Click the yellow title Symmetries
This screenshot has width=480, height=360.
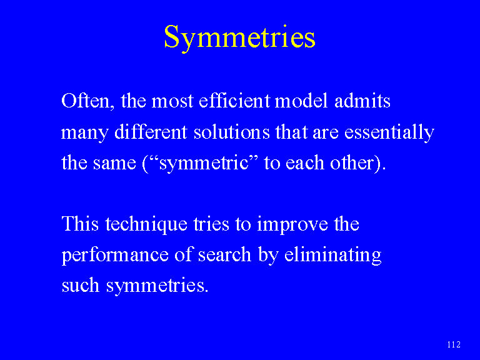pyautogui.click(x=240, y=38)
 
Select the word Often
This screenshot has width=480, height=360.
pyautogui.click(x=87, y=101)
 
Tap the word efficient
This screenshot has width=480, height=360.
pyautogui.click(x=234, y=100)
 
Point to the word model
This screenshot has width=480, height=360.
pyautogui.click(x=301, y=100)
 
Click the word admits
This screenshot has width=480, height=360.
pyautogui.click(x=362, y=100)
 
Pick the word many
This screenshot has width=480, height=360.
pyautogui.click(x=85, y=133)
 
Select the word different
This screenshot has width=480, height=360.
pyautogui.click(x=151, y=131)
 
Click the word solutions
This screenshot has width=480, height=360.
pyautogui.click(x=232, y=131)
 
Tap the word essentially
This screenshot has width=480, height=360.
pyautogui.click(x=389, y=133)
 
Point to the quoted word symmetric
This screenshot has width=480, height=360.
pyautogui.click(x=204, y=164)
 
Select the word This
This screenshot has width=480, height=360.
pyautogui.click(x=80, y=224)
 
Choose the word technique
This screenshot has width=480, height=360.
pyautogui.click(x=146, y=225)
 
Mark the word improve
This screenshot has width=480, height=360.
pyautogui.click(x=292, y=225)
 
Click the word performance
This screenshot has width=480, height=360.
pyautogui.click(x=115, y=256)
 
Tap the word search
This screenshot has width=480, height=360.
pyautogui.click(x=225, y=254)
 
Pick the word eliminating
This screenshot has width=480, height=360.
pyautogui.click(x=332, y=256)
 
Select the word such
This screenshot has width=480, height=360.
pyautogui.click(x=81, y=285)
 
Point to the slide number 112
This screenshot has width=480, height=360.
pyautogui.click(x=454, y=345)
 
